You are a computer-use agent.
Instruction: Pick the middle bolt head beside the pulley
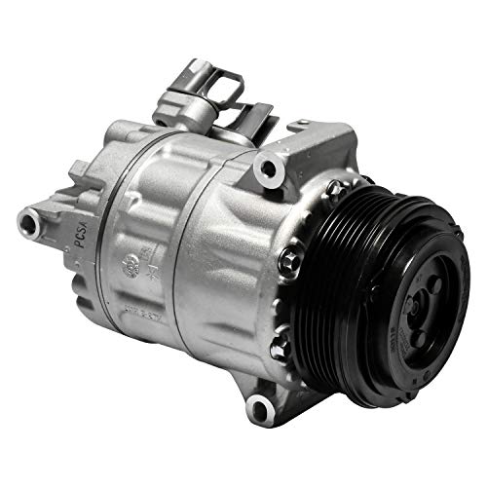coord(289,261)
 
